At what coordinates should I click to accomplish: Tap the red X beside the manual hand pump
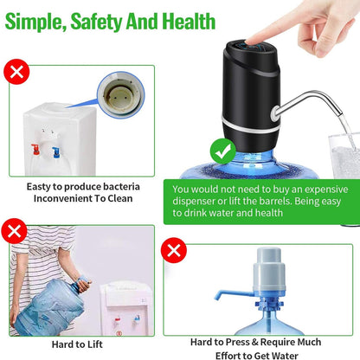(x=176, y=252)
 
